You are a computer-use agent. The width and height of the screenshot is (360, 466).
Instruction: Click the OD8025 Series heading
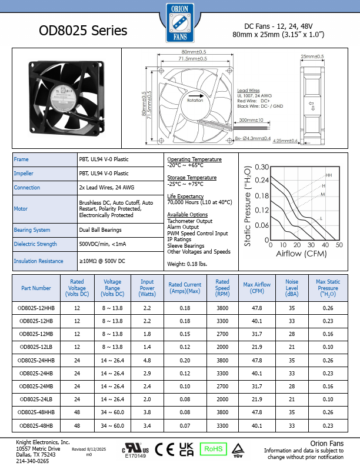(x=82, y=31)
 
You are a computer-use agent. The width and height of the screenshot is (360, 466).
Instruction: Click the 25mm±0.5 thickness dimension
(x=312, y=56)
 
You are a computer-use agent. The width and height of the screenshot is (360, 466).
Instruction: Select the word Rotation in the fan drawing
(x=195, y=101)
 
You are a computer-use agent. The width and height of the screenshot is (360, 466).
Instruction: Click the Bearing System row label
(x=32, y=230)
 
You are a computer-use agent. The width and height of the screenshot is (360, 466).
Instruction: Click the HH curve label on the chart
(x=328, y=175)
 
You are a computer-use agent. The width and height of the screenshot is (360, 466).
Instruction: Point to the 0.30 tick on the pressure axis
(x=261, y=168)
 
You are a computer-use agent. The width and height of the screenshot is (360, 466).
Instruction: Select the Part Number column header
(x=36, y=288)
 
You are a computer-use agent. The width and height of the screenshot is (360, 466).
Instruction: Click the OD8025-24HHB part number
(x=36, y=360)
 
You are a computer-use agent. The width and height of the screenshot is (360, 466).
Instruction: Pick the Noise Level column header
(x=292, y=288)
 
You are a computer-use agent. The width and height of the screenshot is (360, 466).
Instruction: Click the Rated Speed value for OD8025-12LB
(x=222, y=347)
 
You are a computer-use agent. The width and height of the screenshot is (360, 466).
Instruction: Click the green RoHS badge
(x=213, y=449)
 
